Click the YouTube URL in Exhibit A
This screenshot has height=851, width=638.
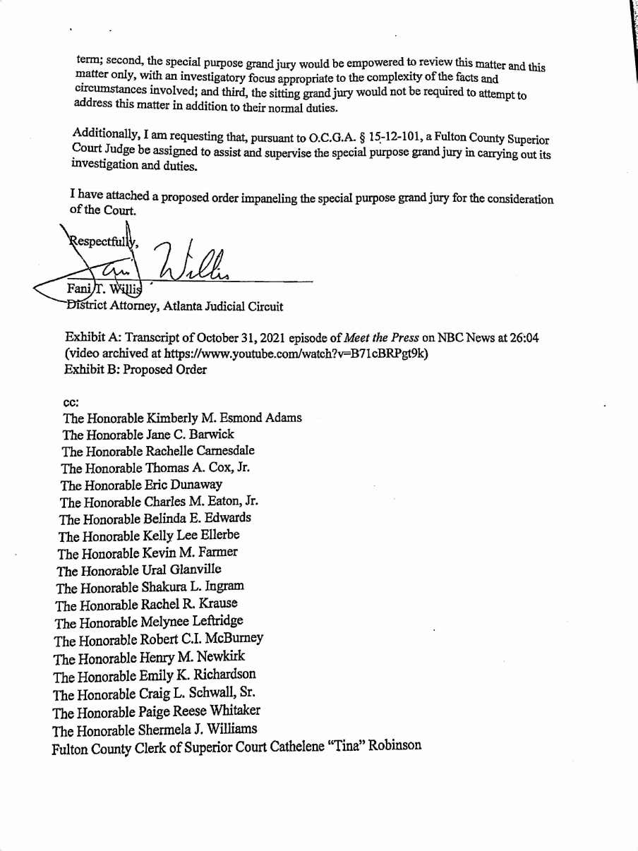pos(296,354)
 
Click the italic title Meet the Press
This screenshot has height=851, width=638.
pos(380,338)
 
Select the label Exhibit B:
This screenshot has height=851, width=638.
pos(92,370)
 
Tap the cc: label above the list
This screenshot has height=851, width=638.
pos(71,402)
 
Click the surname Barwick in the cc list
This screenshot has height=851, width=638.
pos(211,435)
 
